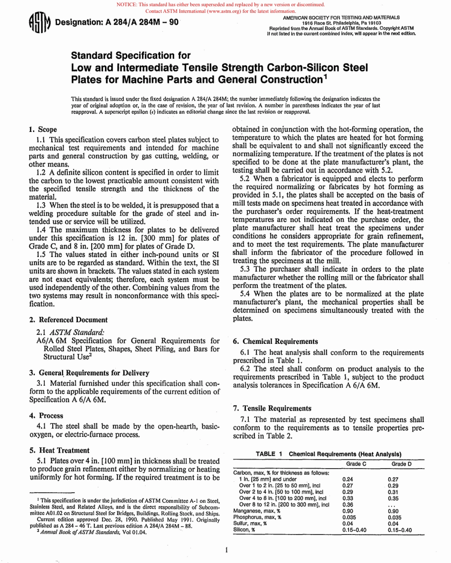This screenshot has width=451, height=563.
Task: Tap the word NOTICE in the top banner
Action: (x=127, y=5)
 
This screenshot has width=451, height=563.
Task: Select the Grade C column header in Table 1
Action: (x=356, y=464)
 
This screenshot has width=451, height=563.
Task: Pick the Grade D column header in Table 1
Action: (x=401, y=464)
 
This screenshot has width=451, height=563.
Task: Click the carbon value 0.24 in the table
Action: (x=347, y=479)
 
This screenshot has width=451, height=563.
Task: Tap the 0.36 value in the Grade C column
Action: (x=347, y=504)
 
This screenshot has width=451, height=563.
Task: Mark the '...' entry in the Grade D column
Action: (x=392, y=505)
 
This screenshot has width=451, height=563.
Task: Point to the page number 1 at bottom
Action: (x=227, y=550)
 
